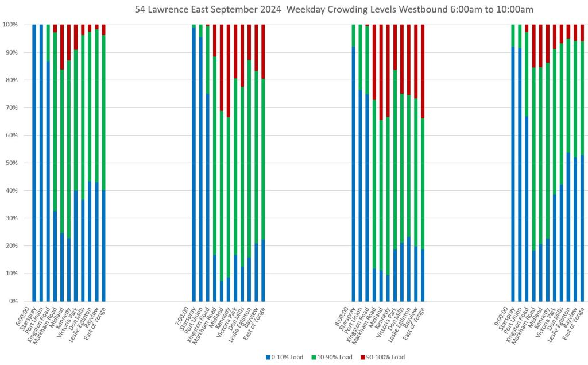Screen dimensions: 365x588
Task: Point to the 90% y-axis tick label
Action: point(10,52)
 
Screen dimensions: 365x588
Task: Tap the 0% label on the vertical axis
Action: point(11,301)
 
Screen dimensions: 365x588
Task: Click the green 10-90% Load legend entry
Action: point(333,357)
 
